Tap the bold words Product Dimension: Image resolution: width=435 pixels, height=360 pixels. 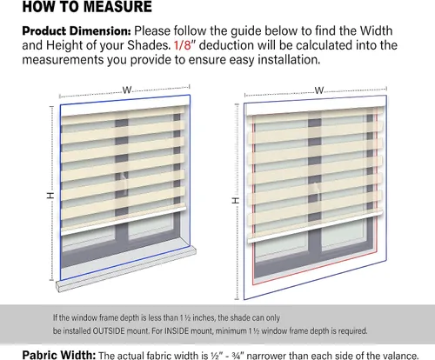(77, 31)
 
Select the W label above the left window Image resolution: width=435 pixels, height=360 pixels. (127, 90)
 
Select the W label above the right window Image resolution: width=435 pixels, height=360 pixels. (319, 90)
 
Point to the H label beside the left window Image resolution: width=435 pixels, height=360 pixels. (50, 196)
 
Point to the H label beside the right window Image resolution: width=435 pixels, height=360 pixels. (236, 200)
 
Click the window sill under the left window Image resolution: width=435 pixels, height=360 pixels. (126, 269)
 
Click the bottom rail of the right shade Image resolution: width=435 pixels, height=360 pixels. (315, 226)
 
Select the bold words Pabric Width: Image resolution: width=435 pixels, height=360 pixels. (59, 355)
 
